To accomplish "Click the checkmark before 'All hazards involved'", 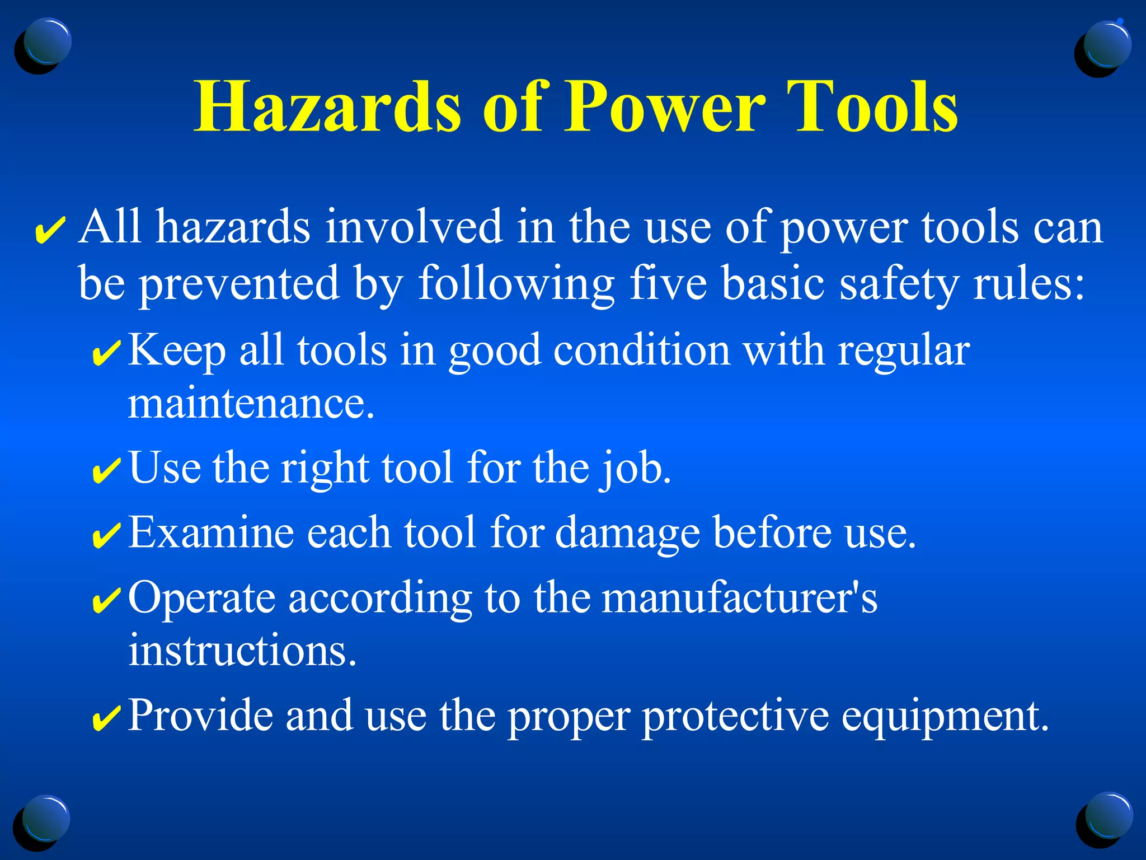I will [x=50, y=230].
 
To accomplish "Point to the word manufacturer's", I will [x=739, y=598].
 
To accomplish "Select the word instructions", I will [x=242, y=651].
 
